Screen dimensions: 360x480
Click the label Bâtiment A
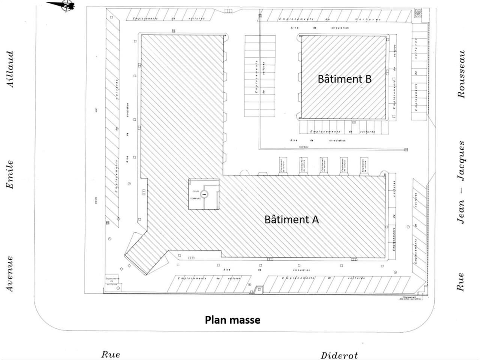[291, 219]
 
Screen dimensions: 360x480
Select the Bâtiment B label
[344, 79]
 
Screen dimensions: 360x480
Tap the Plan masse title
[232, 320]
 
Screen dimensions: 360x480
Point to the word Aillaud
[11, 69]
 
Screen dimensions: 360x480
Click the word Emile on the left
[10, 175]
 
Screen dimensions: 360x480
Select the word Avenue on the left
[10, 274]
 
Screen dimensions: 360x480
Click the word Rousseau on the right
[461, 74]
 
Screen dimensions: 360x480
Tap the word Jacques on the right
[461, 160]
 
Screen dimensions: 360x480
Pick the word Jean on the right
[461, 212]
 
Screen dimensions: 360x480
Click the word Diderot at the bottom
[339, 355]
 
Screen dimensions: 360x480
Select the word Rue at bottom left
[111, 354]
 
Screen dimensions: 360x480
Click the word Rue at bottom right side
[460, 282]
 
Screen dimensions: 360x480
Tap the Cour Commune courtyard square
[203, 194]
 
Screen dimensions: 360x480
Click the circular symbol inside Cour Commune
[204, 194]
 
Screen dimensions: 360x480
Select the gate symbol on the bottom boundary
[258, 289]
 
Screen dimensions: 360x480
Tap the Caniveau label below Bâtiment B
[303, 147]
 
